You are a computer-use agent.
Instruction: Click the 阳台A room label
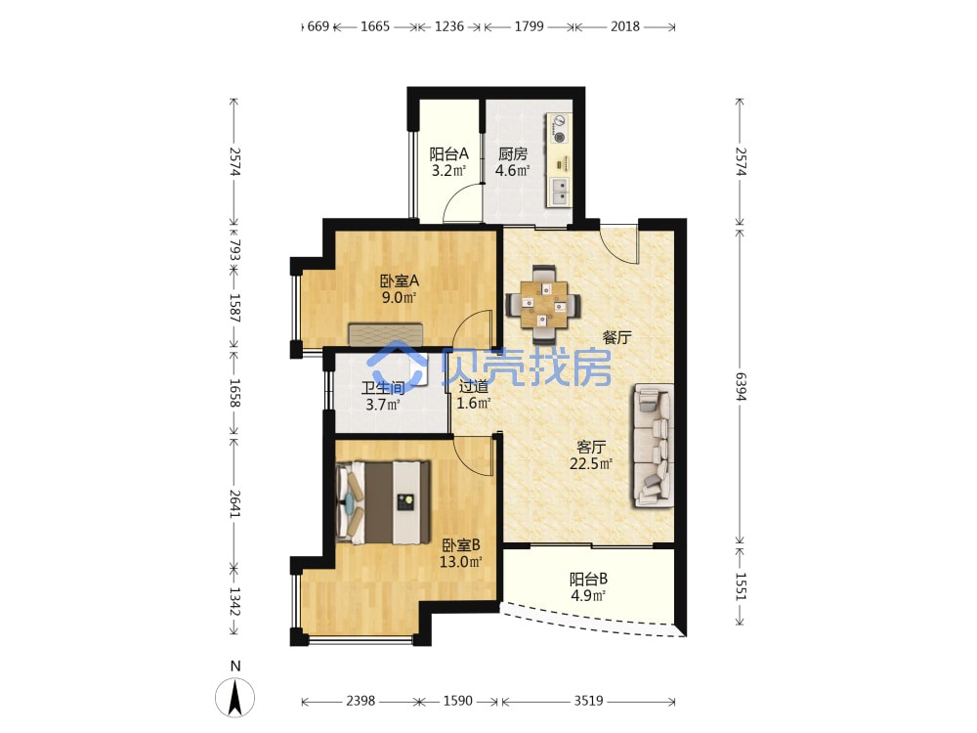[448, 154]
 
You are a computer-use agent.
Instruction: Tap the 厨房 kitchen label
[512, 154]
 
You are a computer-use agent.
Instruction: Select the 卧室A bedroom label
[400, 281]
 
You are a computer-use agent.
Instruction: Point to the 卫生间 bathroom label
[383, 388]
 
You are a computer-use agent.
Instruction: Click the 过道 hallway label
[474, 386]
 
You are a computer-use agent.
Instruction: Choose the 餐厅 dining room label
[616, 338]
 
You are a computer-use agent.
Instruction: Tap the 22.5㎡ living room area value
[591, 463]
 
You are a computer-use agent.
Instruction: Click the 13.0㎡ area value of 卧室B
[461, 562]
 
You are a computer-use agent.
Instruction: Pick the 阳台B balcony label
[588, 579]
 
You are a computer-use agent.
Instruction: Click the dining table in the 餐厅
[544, 304]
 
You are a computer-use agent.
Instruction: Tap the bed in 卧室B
[383, 502]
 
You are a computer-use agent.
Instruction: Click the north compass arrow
[234, 698]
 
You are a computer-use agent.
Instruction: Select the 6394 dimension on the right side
[740, 386]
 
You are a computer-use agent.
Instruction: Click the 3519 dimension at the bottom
[588, 701]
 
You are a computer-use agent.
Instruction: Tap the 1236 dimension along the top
[449, 26]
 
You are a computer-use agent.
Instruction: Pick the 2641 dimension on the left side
[234, 503]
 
